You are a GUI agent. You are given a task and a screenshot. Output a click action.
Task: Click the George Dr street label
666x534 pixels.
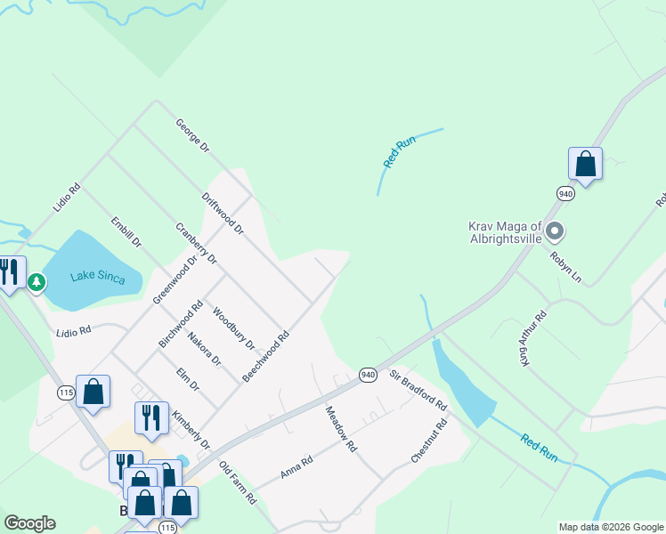191,134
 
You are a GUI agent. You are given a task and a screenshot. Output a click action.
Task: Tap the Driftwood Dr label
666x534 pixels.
223,214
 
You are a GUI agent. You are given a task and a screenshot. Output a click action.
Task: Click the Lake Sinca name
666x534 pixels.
93,276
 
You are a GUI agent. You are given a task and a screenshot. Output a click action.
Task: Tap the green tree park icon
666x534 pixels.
36,283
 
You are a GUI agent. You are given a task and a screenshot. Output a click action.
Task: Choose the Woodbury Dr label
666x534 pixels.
234,328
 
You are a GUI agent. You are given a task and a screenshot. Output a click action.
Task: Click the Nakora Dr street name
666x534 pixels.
204,348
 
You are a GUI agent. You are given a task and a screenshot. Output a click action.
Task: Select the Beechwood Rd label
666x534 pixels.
266,357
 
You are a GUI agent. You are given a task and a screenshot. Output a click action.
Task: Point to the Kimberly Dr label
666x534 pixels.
191,430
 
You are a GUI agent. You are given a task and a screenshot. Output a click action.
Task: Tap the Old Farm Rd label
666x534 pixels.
238,482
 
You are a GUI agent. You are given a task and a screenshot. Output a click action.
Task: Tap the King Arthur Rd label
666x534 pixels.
534,338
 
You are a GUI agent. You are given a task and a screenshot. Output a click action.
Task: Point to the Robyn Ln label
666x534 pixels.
565,268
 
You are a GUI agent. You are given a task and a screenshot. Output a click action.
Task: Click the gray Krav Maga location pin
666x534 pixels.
555,233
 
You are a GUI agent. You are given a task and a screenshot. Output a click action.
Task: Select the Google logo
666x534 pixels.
29,523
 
